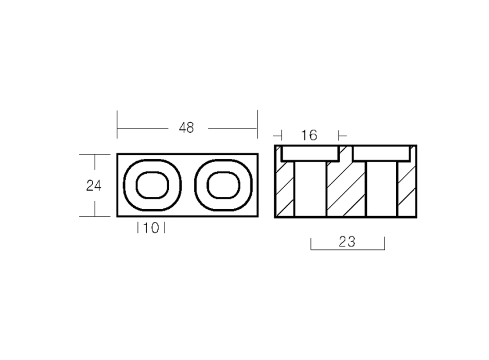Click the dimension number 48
[x=186, y=128]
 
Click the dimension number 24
[x=94, y=186]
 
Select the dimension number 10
[x=151, y=228]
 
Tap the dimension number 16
[x=309, y=135]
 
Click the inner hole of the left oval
[x=152, y=185]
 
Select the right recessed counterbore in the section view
[x=381, y=153]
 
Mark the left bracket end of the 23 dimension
[x=311, y=244]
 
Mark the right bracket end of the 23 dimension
[x=385, y=244]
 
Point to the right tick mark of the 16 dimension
[x=339, y=135]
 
